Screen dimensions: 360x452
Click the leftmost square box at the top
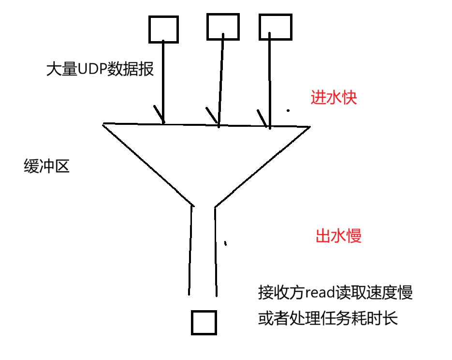(x=163, y=29)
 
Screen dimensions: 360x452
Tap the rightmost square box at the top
(x=276, y=27)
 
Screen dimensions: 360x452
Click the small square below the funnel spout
(x=204, y=322)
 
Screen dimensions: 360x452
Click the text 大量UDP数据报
(x=100, y=69)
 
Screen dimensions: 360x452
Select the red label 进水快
(x=334, y=98)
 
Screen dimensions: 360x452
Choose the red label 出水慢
(x=338, y=236)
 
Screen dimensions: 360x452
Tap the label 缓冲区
(x=46, y=166)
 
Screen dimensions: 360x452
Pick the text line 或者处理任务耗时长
(x=328, y=319)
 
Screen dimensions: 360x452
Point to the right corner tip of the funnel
(x=308, y=127)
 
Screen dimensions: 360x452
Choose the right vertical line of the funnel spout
(x=215, y=249)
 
